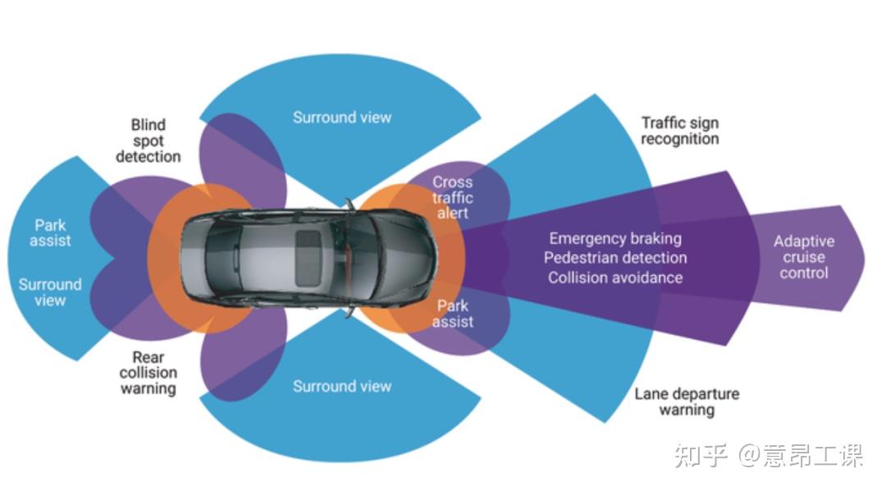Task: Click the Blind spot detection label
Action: point(148,140)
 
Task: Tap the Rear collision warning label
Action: point(148,373)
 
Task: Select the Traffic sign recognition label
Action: point(679,131)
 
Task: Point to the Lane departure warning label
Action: point(687,401)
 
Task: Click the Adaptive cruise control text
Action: point(803,257)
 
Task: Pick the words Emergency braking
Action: point(615,239)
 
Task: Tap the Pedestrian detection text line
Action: point(615,258)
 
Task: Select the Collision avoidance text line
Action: point(615,278)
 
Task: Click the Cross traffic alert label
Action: point(452,198)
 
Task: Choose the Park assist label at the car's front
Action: point(453,314)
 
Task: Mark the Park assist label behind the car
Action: point(50,233)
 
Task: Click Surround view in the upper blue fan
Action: point(342,117)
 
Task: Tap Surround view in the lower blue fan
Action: point(342,386)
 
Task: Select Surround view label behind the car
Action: point(50,292)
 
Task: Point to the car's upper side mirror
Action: point(349,203)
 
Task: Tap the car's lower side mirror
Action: point(350,312)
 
